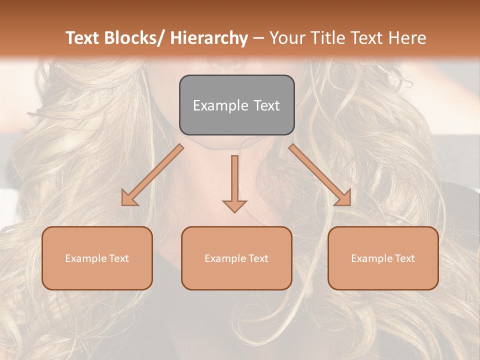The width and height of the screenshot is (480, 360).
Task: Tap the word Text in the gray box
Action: tap(266, 105)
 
